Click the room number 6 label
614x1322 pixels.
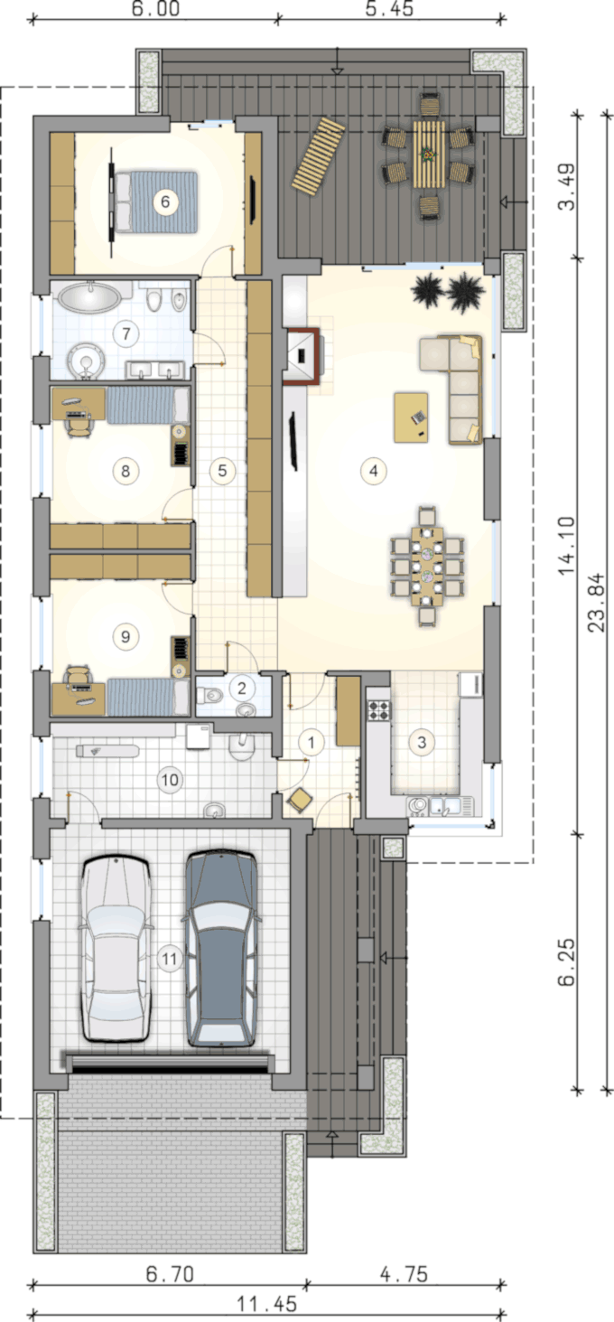[x=165, y=202]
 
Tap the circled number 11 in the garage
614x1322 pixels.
[x=170, y=959]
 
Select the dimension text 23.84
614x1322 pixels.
[x=597, y=602]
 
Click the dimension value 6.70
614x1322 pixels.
[x=170, y=1273]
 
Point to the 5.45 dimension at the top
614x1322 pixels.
[x=389, y=9]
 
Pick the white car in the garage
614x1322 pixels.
[x=116, y=949]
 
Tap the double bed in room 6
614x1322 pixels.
[x=155, y=202]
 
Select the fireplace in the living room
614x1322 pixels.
[x=302, y=355]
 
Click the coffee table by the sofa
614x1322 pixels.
[x=411, y=417]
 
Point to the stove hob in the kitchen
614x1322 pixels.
[x=378, y=709]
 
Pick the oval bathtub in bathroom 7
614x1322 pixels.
[x=89, y=297]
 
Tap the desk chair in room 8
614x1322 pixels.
[x=79, y=423]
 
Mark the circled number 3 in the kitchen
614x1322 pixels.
[x=422, y=742]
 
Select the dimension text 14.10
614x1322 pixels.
[x=566, y=546]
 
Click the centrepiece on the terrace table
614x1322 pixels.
[x=428, y=155]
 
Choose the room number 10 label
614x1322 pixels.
[x=170, y=780]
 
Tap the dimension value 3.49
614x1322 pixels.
[x=566, y=186]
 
